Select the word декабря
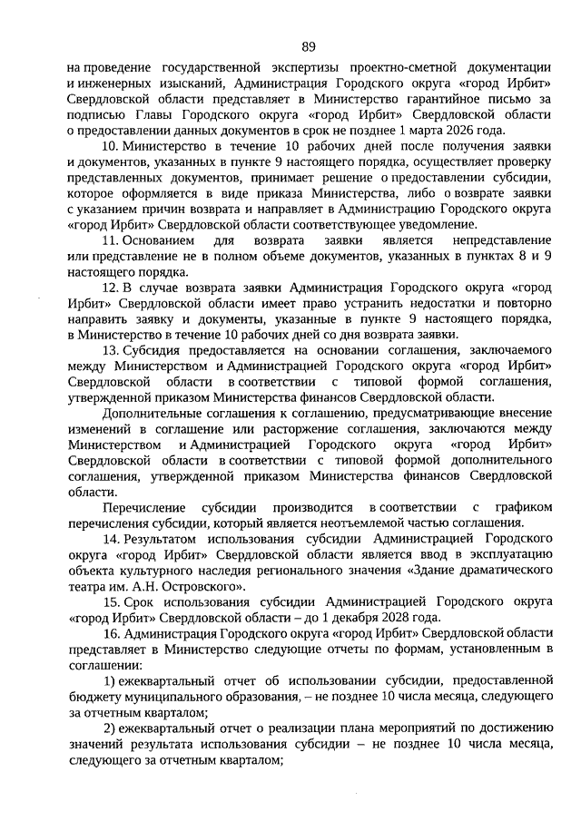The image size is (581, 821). point(338,616)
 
